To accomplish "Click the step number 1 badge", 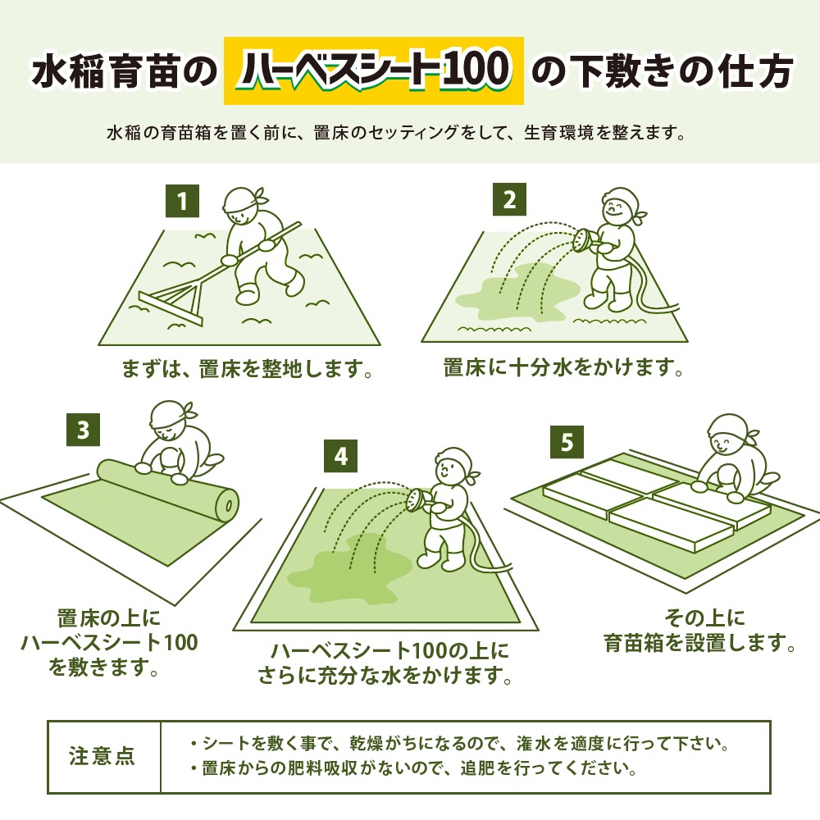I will click(182, 200).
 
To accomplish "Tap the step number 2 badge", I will click(509, 200).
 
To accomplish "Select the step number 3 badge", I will click(82, 430).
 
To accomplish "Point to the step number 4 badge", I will click(341, 457).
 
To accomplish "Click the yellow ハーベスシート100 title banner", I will click(373, 71).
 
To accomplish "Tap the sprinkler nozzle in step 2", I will click(580, 239).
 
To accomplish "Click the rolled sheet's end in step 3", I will click(228, 503).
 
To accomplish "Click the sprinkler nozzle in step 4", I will click(416, 498).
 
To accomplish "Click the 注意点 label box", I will click(103, 756).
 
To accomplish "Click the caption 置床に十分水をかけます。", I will click(563, 367).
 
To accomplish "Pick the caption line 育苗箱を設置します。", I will click(699, 642).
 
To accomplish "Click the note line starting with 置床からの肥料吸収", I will click(412, 769).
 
